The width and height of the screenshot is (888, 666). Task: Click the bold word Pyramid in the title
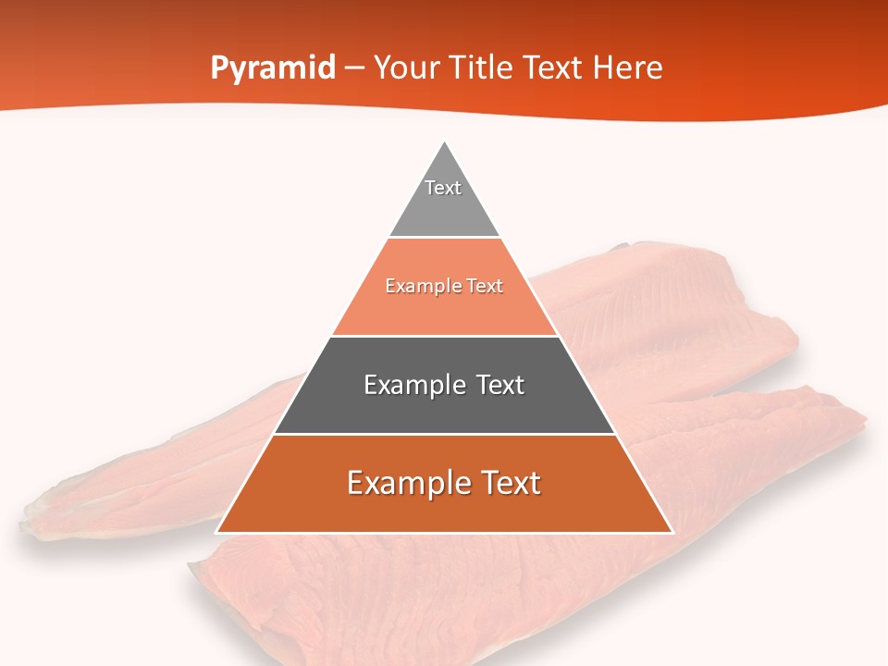273,68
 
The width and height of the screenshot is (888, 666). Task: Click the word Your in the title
410,68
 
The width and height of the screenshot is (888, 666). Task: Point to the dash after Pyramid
354,68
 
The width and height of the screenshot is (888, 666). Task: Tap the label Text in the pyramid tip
443,188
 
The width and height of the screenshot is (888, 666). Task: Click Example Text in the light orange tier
444,286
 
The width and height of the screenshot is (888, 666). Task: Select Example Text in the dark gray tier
444,385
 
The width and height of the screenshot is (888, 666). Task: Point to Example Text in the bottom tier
444,483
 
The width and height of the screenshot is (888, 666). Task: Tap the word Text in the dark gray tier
500,385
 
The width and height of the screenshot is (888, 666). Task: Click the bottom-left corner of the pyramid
216,533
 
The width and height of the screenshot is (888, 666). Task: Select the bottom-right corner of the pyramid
672,533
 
